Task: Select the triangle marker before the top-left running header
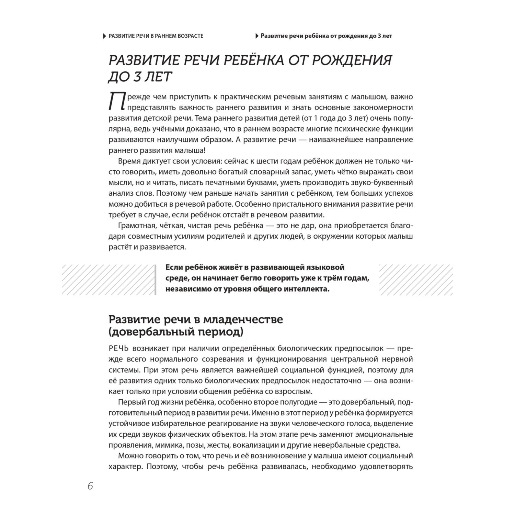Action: click(x=105, y=36)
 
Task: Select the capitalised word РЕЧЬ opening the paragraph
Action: click(x=118, y=348)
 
